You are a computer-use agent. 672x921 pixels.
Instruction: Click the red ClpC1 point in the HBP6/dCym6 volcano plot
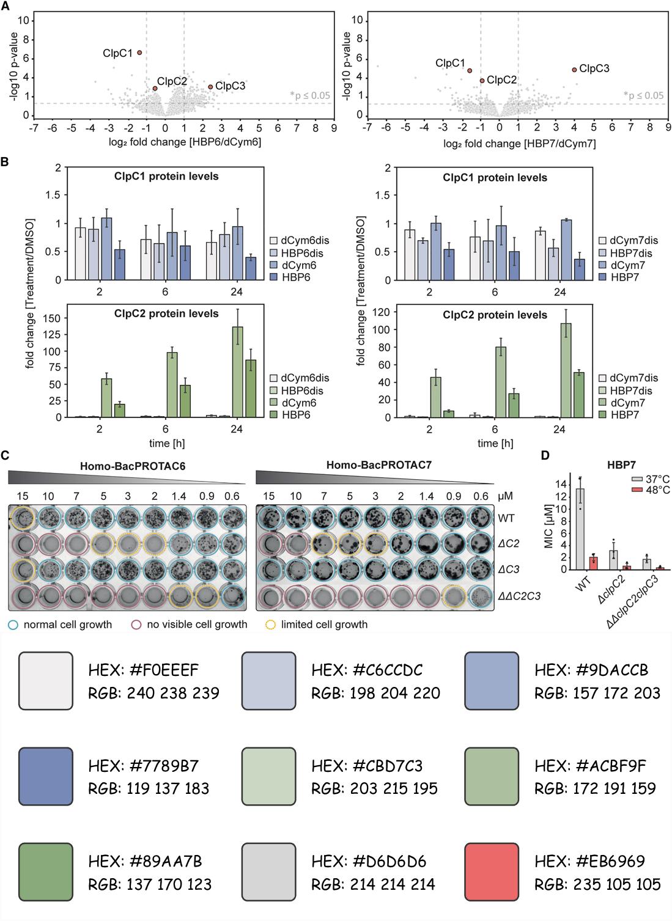point(139,53)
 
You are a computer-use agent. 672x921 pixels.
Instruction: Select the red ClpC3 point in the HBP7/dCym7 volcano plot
point(574,70)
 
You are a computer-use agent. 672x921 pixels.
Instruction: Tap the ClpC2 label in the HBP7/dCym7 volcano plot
point(501,80)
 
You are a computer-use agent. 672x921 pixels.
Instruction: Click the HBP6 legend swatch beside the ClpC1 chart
point(273,277)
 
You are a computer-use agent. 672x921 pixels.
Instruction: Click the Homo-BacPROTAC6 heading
point(133,466)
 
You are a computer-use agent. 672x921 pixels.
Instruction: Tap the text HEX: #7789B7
point(143,766)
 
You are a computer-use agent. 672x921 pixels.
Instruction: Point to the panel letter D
point(545,455)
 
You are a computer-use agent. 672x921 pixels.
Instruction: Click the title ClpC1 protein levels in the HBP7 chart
point(495,178)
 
